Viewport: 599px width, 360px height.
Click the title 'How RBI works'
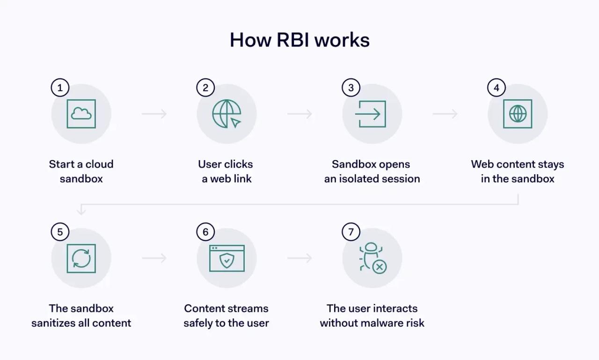point(299,40)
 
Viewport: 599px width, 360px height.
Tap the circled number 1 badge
point(60,88)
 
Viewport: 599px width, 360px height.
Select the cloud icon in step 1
point(81,114)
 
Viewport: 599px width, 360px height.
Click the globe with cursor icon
point(227,114)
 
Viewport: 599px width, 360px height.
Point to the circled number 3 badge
point(351,88)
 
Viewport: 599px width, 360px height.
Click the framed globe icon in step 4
point(518,114)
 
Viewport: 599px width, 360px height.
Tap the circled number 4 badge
point(497,88)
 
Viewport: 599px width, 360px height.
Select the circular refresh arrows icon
point(81,258)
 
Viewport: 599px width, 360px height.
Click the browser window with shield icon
point(227,258)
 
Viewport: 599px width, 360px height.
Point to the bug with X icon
point(373,258)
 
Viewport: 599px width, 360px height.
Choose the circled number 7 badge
point(351,232)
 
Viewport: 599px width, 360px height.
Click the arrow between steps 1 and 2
point(154,114)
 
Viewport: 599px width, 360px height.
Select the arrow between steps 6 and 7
point(300,258)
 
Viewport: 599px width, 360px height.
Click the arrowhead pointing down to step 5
point(81,212)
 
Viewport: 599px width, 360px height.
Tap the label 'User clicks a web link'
point(226,171)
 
